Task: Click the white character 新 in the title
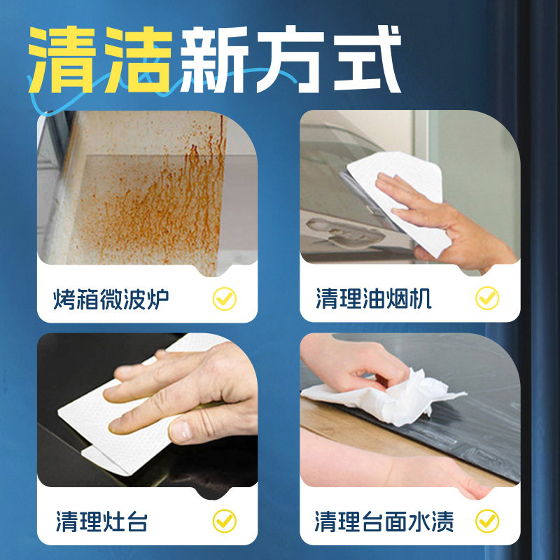tap(216, 62)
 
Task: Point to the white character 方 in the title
tap(290, 62)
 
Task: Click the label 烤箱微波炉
tap(111, 300)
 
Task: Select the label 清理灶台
tap(101, 521)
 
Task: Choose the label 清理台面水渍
tap(384, 521)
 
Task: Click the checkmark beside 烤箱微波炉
tap(225, 300)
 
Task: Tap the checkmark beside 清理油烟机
tap(487, 300)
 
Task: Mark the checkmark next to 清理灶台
tap(225, 521)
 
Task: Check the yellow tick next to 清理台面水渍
tap(487, 521)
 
